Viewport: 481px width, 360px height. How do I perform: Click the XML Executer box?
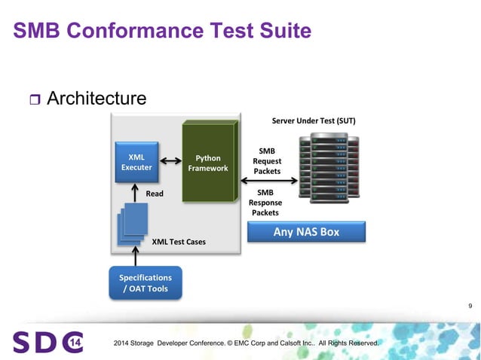click(x=136, y=162)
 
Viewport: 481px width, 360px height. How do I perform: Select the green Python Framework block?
click(x=207, y=163)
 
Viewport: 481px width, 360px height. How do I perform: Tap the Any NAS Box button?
click(x=306, y=231)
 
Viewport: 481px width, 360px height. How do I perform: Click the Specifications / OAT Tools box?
click(x=146, y=283)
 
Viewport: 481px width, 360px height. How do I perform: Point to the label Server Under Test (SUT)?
click(x=313, y=121)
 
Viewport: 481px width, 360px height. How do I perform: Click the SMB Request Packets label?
click(x=267, y=161)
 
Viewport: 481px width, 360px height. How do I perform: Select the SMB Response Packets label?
click(x=265, y=202)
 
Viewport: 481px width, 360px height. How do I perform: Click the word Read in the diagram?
click(x=155, y=194)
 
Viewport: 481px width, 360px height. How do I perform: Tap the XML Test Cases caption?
click(x=179, y=242)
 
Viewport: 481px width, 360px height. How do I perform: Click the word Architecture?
click(x=96, y=99)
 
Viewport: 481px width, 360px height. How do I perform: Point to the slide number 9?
click(x=470, y=305)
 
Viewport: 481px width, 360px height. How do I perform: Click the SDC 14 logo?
click(x=47, y=342)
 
